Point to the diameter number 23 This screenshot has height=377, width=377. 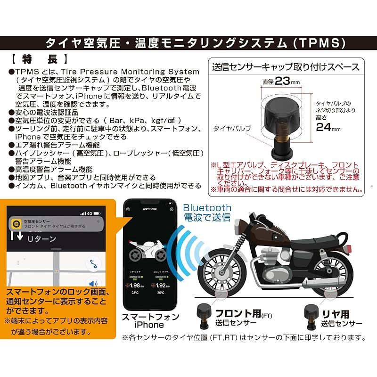[x=282, y=81]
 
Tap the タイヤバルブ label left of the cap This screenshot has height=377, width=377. [x=231, y=128]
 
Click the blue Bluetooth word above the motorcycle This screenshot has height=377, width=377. [x=207, y=207]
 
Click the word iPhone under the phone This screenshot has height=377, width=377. [x=150, y=325]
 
